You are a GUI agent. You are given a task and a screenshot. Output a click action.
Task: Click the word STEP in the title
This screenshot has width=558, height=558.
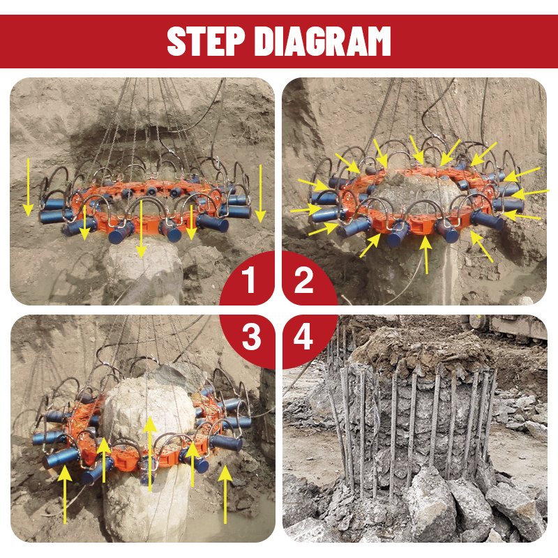click(206, 41)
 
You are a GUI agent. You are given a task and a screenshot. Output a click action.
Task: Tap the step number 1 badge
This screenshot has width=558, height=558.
click(248, 280)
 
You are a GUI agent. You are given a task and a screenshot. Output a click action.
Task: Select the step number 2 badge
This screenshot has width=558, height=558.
click(303, 280)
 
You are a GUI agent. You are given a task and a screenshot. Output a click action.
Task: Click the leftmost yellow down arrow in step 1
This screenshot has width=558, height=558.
click(28, 187)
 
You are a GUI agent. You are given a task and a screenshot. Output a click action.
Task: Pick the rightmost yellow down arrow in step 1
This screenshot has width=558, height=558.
click(260, 193)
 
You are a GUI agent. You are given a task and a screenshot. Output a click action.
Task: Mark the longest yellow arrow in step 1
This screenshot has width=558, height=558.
click(142, 229)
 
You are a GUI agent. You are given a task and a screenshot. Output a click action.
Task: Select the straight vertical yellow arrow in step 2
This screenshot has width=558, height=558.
click(426, 255)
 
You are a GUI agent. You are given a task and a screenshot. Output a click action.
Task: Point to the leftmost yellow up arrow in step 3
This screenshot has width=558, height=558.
click(64, 494)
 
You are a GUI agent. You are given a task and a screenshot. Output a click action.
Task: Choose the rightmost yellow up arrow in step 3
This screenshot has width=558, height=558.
click(225, 494)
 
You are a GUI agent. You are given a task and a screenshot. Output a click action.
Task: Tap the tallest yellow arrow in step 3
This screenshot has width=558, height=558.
click(150, 454)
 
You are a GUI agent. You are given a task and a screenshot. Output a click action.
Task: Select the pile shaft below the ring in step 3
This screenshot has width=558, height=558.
click(146, 505)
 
